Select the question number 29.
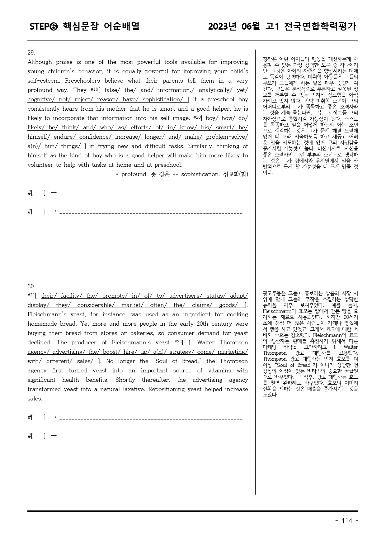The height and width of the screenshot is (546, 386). pyautogui.click(x=31, y=53)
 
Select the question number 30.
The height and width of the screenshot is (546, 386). pyautogui.click(x=31, y=286)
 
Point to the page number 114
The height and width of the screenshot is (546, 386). pyautogui.click(x=347, y=521)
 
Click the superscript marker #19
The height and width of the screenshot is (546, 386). pyautogui.click(x=94, y=89)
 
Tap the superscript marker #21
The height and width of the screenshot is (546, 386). pyautogui.click(x=31, y=295)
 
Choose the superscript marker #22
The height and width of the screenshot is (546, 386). pyautogui.click(x=178, y=342)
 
